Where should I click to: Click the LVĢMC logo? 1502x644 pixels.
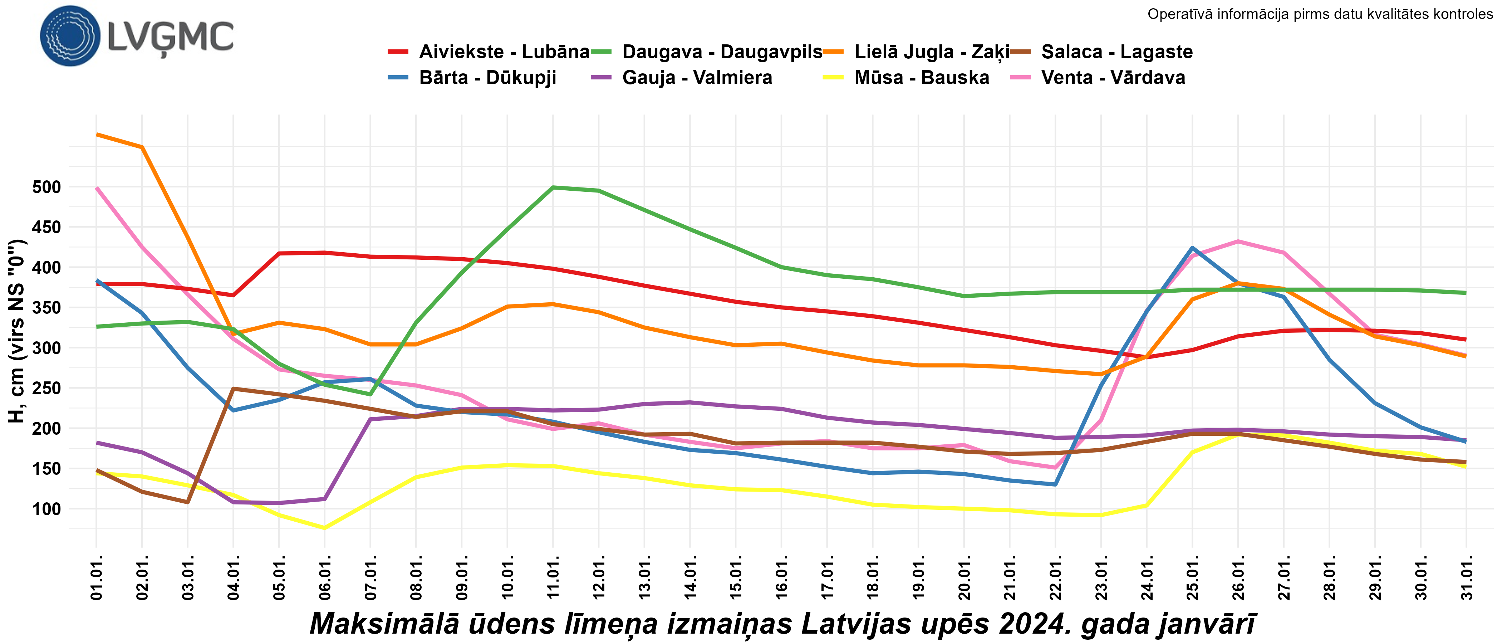coord(137,36)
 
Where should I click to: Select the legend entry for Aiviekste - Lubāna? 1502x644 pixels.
coord(504,52)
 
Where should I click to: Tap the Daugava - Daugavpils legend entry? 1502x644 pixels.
coord(722,52)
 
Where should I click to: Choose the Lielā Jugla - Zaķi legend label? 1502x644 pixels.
coord(931,52)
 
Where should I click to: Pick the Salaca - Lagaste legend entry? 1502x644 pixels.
coord(1116,52)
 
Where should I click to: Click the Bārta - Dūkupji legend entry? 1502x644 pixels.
coord(487,78)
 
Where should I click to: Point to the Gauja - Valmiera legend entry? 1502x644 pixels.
coord(697,78)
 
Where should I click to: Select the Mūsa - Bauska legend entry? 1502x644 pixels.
coord(921,78)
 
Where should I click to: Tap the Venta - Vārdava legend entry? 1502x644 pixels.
coord(1113,78)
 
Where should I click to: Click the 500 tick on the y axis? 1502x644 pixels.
coord(46,187)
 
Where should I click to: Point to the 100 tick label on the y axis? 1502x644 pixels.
coord(46,509)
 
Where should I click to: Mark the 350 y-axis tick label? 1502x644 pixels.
coord(46,308)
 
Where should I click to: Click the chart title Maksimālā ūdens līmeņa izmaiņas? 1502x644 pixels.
coord(782,624)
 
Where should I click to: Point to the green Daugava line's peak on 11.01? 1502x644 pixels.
coord(553,187)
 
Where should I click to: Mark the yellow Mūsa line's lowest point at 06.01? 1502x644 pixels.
coord(325,528)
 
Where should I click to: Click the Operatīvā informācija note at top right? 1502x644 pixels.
coord(1320,14)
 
